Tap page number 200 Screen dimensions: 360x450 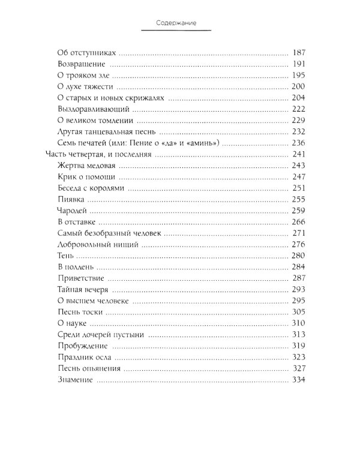(298, 87)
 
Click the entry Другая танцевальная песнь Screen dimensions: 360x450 (108, 133)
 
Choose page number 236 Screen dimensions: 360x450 (298, 144)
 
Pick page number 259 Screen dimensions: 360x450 (298, 212)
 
